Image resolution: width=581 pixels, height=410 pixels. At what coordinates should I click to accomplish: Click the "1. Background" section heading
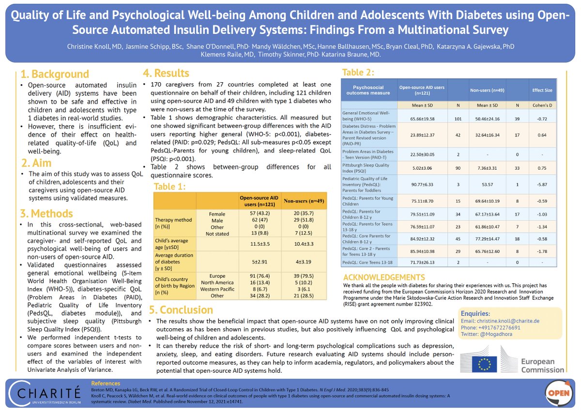55,74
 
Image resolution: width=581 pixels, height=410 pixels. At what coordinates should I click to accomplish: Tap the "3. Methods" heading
46,213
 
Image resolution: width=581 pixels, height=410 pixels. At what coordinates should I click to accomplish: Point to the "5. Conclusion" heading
181,309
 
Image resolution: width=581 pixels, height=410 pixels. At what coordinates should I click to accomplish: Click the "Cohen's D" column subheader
541,104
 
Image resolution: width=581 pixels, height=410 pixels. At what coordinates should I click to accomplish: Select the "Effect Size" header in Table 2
541,90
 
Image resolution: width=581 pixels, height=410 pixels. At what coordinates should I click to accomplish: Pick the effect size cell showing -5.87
541,184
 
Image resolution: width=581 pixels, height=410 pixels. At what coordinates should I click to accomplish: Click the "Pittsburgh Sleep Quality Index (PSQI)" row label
368,168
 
